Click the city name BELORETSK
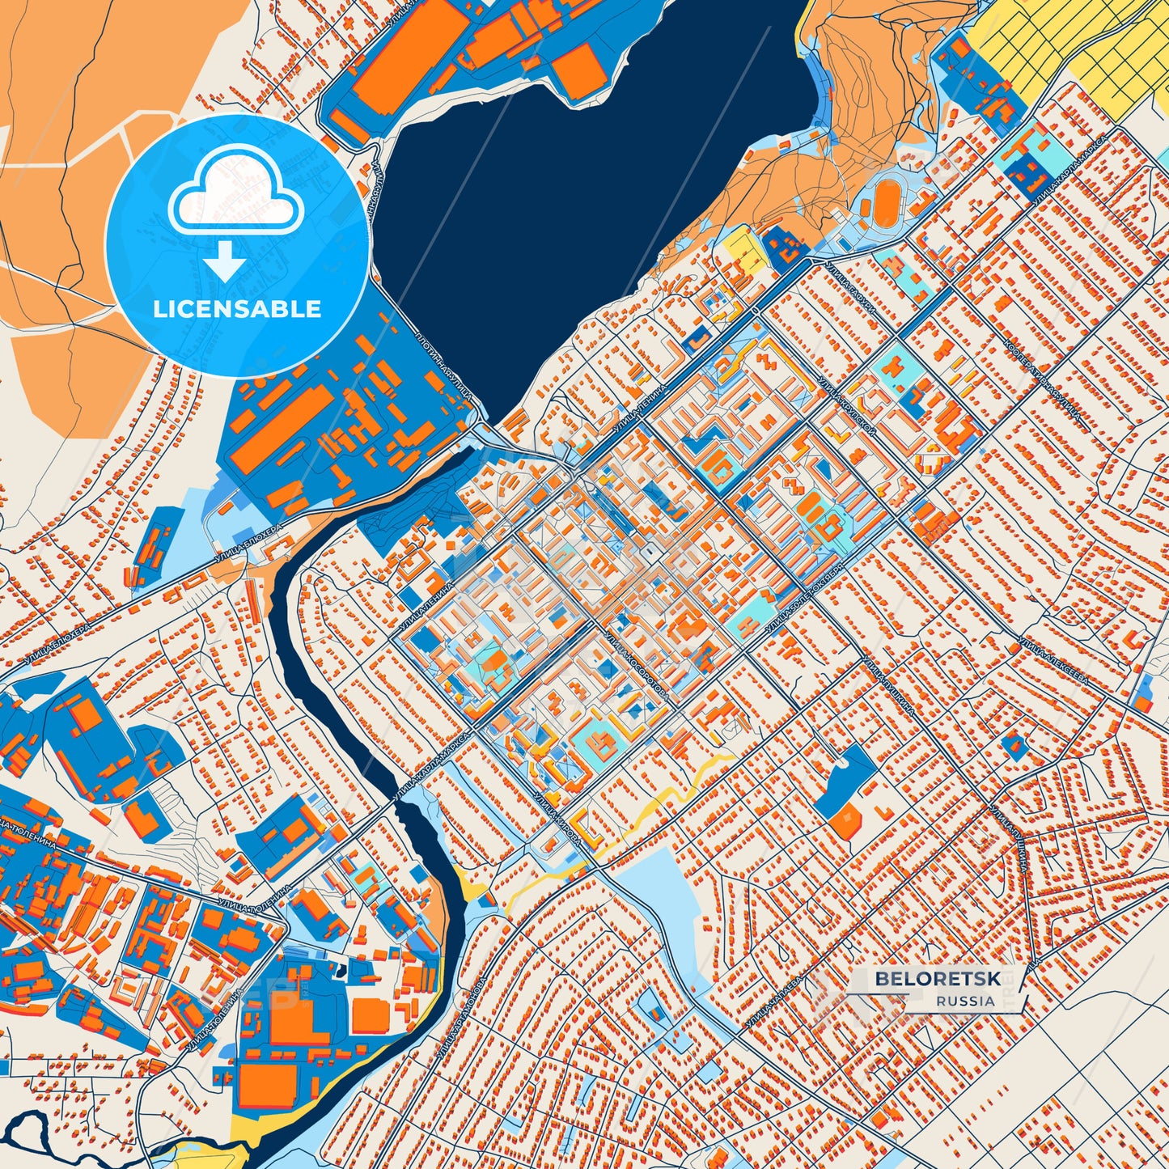(936, 979)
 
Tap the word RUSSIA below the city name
(966, 1001)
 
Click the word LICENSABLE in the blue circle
(237, 309)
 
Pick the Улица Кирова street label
(557, 820)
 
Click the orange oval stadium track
(885, 197)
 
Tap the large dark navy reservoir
(566, 186)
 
